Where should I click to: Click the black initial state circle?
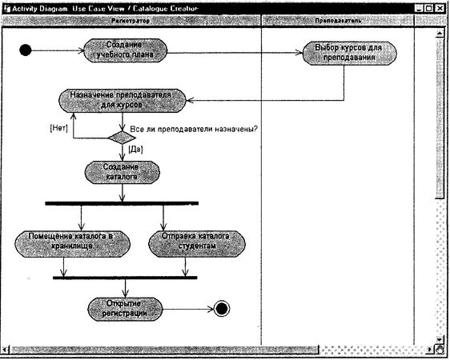pyautogui.click(x=25, y=51)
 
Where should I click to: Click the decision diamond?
pyautogui.click(x=121, y=137)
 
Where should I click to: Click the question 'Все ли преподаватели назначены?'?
pyautogui.click(x=193, y=128)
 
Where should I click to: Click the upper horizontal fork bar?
pyautogui.click(x=122, y=203)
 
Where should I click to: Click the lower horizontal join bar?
pyautogui.click(x=124, y=278)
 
